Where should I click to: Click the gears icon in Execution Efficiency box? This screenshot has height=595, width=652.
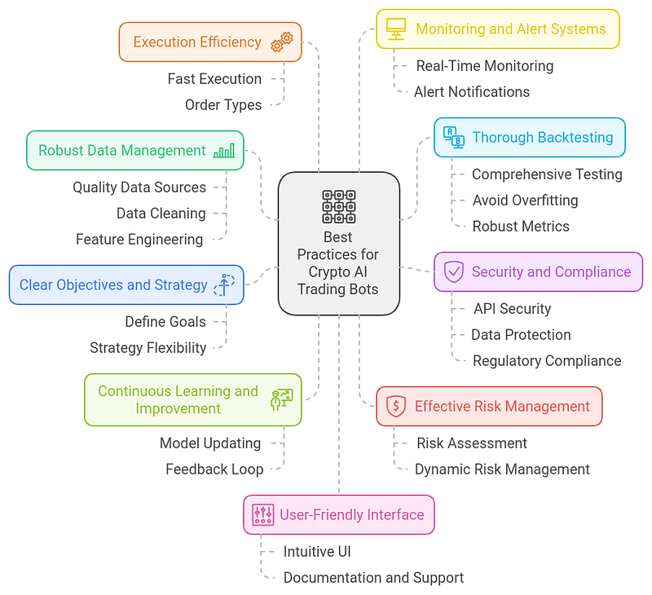pos(282,42)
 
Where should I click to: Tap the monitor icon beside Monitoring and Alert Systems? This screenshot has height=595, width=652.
pos(396,29)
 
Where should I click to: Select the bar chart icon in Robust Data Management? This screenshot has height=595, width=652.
pos(224,151)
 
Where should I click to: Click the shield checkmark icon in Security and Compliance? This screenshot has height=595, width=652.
pos(454,272)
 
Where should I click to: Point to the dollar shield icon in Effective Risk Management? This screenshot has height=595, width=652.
pos(396,406)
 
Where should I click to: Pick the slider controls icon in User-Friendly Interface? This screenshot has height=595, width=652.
pos(263,515)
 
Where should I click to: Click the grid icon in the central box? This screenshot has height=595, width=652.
pos(339,207)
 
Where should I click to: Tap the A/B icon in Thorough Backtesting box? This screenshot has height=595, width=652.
pos(454,138)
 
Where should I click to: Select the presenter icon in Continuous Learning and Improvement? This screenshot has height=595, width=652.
pos(282,399)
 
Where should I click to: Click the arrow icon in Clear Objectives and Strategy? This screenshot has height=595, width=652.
pos(224,284)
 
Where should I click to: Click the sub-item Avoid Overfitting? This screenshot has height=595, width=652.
pos(525,201)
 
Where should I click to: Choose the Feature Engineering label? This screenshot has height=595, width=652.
pos(139,240)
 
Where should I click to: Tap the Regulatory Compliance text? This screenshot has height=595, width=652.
pos(547,361)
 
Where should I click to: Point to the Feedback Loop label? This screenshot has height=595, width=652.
pos(214,469)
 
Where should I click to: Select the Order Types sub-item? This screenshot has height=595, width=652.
pos(223,105)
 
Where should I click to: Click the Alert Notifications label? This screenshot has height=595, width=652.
pos(472,92)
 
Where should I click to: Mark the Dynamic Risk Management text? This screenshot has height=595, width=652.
pos(502,469)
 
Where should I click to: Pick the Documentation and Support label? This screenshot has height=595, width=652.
pos(373,578)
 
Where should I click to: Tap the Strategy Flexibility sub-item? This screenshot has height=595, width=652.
pos(148,348)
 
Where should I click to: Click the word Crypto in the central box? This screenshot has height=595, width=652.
pos(326,272)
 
